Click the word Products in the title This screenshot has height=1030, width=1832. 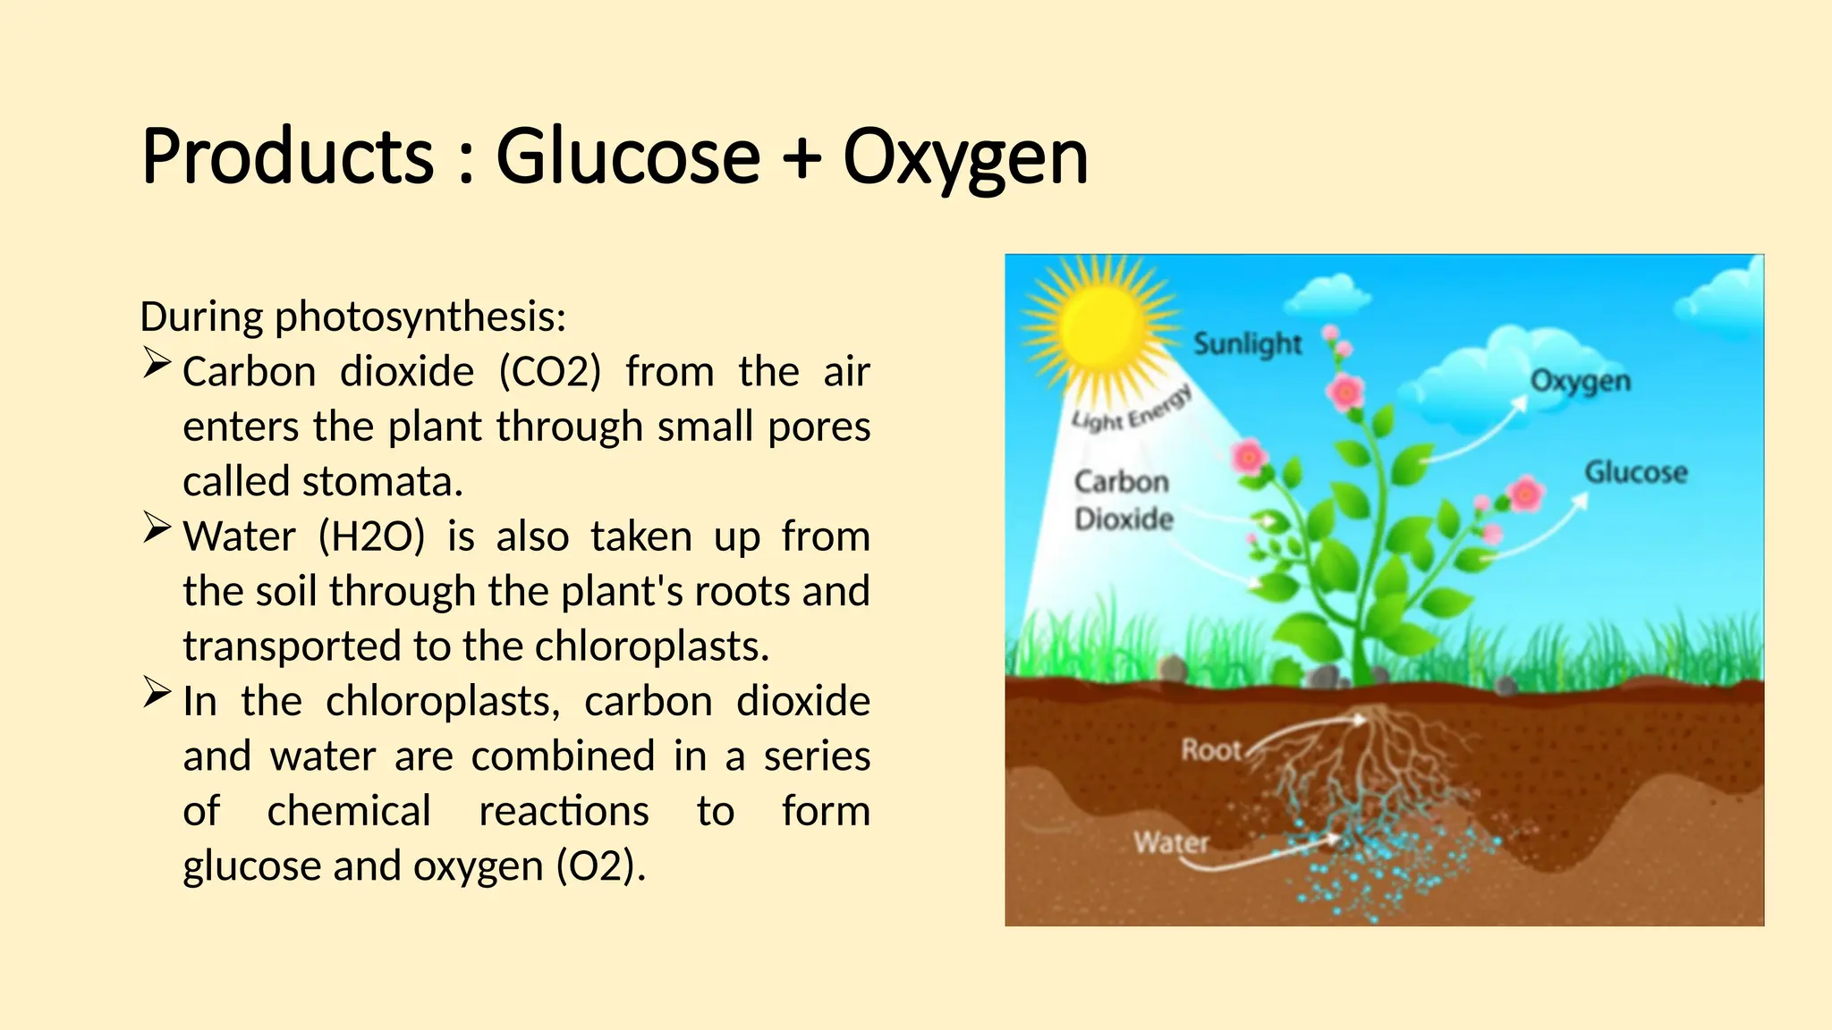coord(287,157)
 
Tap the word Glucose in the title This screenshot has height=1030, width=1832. coord(627,157)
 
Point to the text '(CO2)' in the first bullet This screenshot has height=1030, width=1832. coord(549,372)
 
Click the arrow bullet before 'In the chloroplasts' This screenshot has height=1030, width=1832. coord(157,693)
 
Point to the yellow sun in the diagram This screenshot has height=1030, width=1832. coord(1102,327)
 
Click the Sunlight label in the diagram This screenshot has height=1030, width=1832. coord(1247,343)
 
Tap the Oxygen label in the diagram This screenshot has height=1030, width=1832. coord(1580,381)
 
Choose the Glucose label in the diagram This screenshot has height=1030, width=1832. coord(1635,472)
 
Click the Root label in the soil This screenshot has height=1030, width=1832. coord(1211,749)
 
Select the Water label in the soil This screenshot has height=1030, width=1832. coord(1171,842)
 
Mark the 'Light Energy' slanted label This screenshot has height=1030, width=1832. coord(1131,409)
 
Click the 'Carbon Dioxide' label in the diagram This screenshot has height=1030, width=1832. coord(1123,501)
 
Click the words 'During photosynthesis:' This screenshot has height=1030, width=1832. coord(353,317)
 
